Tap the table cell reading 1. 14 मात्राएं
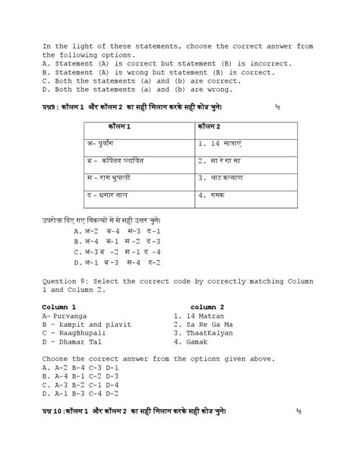tap(222, 142)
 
